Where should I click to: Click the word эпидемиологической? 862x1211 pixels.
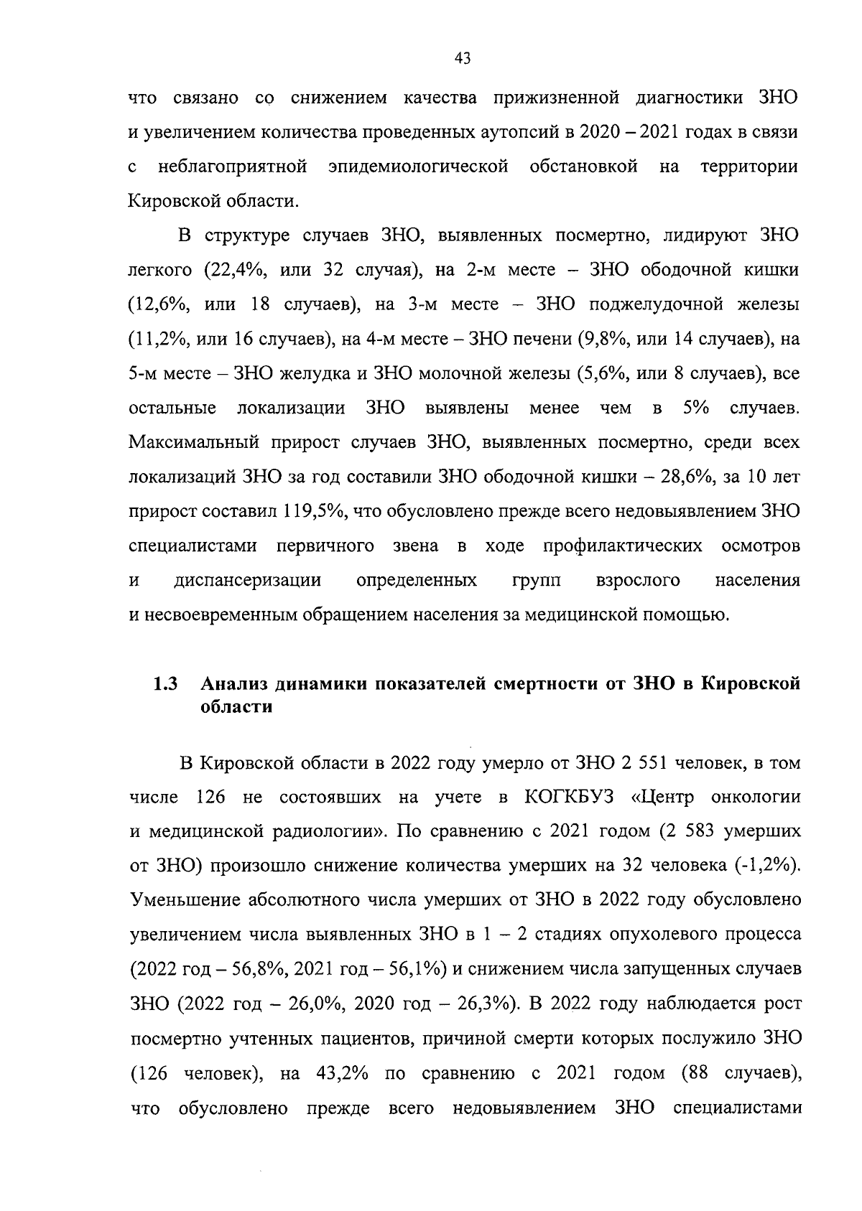point(417,167)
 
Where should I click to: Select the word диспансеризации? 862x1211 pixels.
point(247,580)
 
